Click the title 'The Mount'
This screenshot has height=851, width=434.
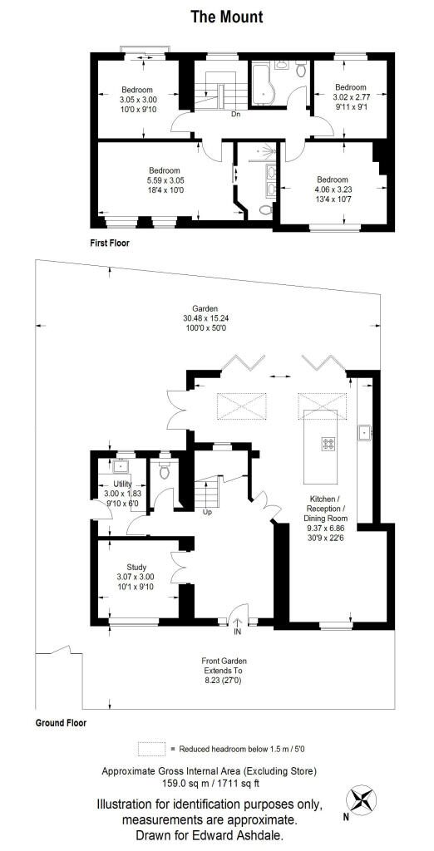[x=226, y=17]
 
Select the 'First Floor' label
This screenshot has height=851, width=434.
[x=110, y=243]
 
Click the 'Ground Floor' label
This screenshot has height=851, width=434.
[x=61, y=723]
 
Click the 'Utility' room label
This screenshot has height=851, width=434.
[x=122, y=485]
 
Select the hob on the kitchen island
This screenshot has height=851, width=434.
[x=328, y=444]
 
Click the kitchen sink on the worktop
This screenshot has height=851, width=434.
[x=364, y=432]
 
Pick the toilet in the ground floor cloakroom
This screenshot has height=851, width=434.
[x=165, y=471]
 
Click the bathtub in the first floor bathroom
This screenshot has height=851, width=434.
[x=264, y=84]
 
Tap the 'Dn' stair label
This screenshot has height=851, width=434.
[x=235, y=115]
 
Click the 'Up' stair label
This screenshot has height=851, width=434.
[x=207, y=512]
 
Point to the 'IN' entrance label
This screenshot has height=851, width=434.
[x=237, y=632]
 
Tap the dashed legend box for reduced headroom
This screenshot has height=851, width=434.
[x=151, y=748]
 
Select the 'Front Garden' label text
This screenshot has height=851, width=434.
[x=224, y=662]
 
